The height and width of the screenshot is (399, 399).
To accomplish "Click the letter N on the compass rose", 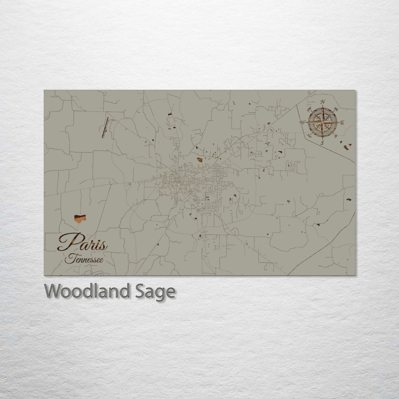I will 323,101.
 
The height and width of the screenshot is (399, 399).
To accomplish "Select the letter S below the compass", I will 322,143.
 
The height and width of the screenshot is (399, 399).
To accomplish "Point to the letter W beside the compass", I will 303,122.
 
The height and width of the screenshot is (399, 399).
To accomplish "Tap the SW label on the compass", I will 310,135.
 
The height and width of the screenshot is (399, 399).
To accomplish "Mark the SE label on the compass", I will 336,136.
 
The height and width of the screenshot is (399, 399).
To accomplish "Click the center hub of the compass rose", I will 323,122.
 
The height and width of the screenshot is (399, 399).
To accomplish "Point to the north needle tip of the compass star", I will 323,107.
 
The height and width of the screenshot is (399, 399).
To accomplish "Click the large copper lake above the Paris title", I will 80,218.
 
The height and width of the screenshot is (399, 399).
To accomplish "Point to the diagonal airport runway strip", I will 105,127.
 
